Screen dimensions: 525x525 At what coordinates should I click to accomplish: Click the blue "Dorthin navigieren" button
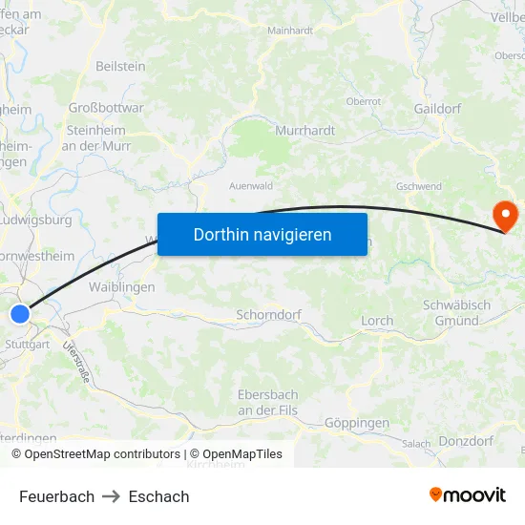(262, 234)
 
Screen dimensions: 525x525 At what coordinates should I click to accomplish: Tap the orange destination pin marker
(503, 215)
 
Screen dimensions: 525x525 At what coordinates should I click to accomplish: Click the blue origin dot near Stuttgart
(21, 313)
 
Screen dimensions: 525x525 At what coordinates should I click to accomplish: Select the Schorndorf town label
(268, 314)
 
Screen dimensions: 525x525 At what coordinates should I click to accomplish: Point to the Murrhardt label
(304, 129)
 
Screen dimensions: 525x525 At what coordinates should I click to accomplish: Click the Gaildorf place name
(438, 108)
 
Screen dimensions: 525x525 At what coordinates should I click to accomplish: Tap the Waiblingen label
(121, 287)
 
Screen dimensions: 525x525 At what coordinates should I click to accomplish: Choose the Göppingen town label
(357, 422)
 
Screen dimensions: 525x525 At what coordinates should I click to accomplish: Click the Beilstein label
(120, 66)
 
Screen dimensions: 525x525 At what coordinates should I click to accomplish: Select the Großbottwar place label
(106, 108)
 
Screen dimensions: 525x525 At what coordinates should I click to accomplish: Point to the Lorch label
(377, 321)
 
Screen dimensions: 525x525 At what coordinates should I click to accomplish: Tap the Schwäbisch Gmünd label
(456, 312)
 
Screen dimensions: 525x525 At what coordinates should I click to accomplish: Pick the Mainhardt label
(290, 31)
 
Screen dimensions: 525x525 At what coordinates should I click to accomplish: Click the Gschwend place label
(418, 186)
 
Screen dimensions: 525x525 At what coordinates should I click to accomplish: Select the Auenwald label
(252, 186)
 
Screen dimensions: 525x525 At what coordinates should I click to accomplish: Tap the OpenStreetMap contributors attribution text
(102, 454)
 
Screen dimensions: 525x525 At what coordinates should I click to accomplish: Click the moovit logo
(467, 495)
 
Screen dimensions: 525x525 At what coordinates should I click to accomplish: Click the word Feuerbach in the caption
(56, 496)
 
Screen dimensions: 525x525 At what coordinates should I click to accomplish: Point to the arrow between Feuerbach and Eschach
(112, 496)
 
